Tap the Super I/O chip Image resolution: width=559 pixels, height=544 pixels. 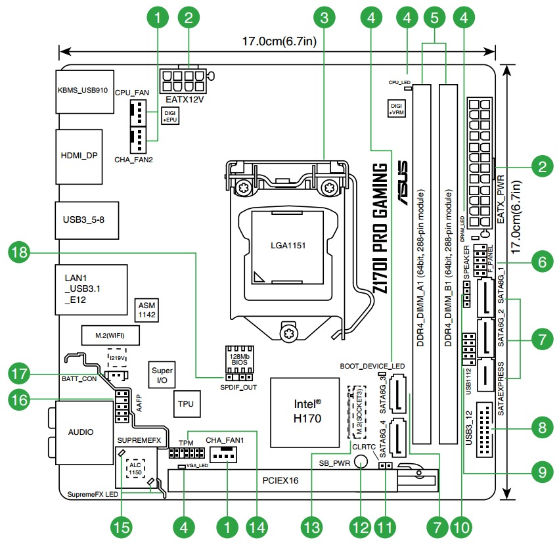tap(162, 375)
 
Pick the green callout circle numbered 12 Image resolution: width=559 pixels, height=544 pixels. tap(361, 526)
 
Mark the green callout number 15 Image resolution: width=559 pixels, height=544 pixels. tap(122, 526)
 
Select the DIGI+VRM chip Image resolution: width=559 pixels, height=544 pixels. tap(396, 108)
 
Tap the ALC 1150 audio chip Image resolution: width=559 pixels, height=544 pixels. tap(135, 467)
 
